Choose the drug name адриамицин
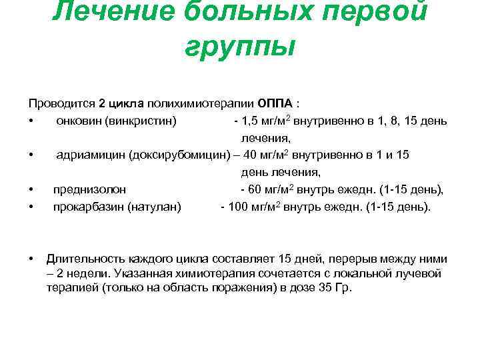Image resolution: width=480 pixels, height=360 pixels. click(90, 155)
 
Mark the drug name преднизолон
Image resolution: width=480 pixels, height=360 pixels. click(89, 190)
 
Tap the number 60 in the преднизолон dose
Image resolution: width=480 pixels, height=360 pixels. click(256, 190)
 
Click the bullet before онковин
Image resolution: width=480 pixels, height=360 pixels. click(31, 121)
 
